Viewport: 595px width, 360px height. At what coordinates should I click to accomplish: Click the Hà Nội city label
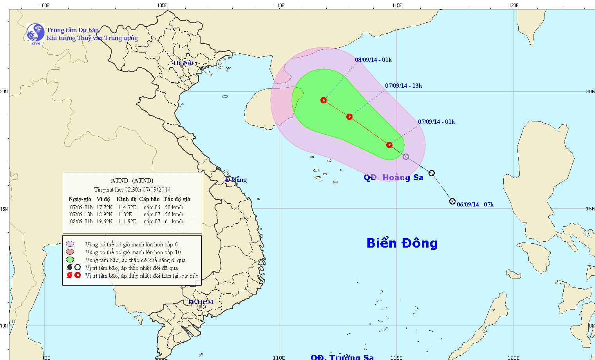184,63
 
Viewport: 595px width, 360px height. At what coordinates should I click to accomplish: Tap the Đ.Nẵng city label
236,180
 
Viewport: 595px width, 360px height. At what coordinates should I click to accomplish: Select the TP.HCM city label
201,302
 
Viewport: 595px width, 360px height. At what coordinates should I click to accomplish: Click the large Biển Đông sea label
402,243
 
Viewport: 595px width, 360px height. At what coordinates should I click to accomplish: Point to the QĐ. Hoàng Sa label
393,177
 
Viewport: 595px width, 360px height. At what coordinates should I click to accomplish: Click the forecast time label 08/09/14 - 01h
373,60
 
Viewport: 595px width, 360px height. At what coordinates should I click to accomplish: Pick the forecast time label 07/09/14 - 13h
403,86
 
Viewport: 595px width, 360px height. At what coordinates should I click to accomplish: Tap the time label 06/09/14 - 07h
475,204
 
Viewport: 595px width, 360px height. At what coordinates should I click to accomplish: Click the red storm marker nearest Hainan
324,100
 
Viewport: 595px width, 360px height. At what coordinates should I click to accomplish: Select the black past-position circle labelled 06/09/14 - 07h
452,201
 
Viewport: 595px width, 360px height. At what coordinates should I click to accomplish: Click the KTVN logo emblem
35,33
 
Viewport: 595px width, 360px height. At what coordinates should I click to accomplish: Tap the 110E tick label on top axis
279,5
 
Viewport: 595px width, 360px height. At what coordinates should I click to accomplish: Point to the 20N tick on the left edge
4,91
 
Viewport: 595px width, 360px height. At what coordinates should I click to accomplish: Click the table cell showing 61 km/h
174,221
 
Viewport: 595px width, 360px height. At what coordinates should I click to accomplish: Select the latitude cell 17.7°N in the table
105,207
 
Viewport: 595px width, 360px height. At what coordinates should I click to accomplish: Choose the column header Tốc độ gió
177,199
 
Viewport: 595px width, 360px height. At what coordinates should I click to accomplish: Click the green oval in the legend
70,260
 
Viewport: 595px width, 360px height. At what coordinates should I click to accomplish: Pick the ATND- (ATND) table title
132,181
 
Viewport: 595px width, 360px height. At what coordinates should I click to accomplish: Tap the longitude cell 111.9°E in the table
127,221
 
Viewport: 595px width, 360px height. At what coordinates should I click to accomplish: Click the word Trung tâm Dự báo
72,30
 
